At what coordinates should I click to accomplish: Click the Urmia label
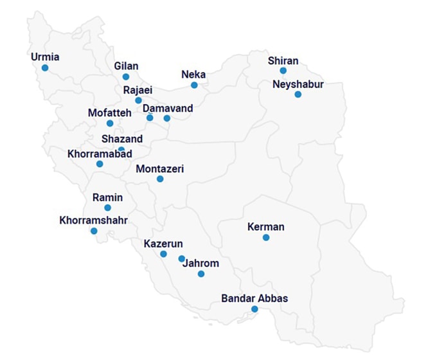45,57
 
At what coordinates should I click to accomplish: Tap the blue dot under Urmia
45,67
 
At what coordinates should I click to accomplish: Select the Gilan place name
126,66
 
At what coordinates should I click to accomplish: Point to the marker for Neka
194,85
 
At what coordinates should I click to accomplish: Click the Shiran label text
283,61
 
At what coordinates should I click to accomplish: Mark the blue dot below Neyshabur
298,94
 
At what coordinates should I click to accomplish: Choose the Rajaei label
138,89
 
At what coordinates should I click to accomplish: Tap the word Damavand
168,108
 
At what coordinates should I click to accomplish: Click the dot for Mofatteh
110,123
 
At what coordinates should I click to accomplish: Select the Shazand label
122,138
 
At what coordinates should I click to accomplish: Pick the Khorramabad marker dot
100,164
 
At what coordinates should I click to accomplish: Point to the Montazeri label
160,169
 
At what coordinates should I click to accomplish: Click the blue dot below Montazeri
160,179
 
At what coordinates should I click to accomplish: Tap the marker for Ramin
107,208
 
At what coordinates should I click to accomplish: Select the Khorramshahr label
93,221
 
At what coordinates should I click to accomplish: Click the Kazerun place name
163,244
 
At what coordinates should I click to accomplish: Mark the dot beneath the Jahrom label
201,274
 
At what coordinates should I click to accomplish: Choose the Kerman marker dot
266,238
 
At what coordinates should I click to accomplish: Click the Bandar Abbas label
254,298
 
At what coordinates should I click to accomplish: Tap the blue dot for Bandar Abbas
254,309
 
